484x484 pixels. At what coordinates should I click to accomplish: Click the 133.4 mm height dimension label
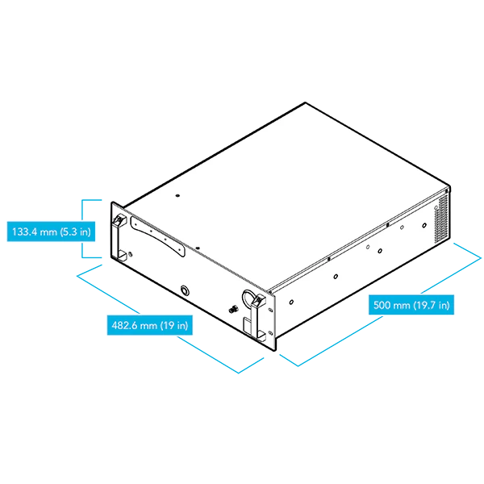[x=51, y=232]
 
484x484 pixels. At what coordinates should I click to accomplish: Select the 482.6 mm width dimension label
[x=150, y=325]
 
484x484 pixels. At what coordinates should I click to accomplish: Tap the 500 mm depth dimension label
[x=411, y=305]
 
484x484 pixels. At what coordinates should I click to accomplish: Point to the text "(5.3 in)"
[x=75, y=232]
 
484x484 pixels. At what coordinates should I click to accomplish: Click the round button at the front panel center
[x=185, y=290]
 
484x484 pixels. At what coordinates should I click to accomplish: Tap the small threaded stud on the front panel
[x=233, y=309]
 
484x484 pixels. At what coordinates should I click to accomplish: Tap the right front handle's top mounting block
[x=259, y=300]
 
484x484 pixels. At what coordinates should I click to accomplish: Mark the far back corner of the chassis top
[x=305, y=102]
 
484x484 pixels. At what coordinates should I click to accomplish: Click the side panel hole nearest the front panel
[x=291, y=302]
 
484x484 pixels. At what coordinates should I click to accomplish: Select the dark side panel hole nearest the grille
[x=424, y=226]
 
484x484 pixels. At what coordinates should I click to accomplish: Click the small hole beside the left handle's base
[x=130, y=255]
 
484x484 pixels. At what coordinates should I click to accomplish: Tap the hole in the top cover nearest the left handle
[x=177, y=195]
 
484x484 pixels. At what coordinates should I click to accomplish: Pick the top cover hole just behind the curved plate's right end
[x=198, y=248]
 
